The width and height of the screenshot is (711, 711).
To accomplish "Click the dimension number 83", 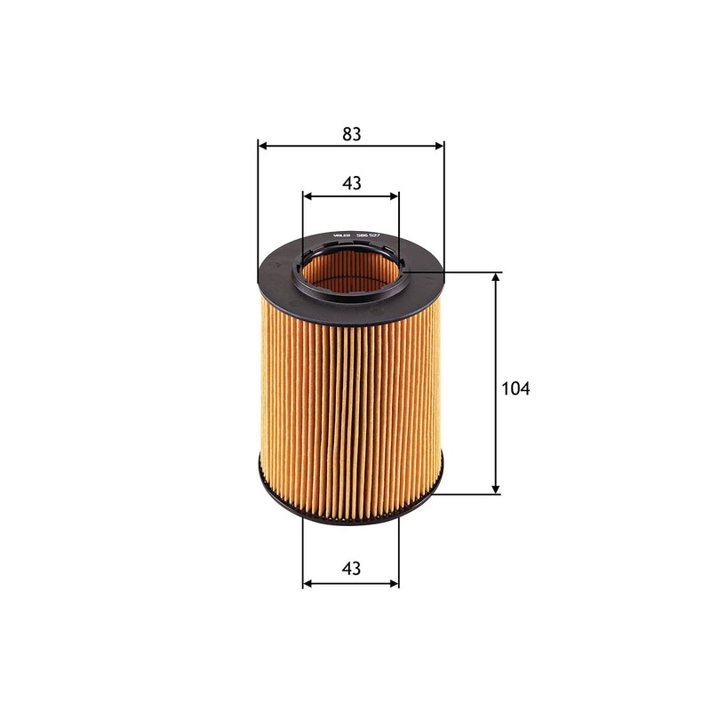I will pyautogui.click(x=351, y=134).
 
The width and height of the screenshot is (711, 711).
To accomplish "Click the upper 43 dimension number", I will pyautogui.click(x=351, y=183).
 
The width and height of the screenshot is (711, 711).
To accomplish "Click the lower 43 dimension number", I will pyautogui.click(x=351, y=569).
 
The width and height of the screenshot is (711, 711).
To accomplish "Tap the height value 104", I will pyautogui.click(x=515, y=388).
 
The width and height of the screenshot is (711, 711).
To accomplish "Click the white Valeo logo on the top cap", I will pyautogui.click(x=342, y=234).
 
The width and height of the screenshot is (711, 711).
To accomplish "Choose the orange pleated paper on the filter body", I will pyautogui.click(x=351, y=400).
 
